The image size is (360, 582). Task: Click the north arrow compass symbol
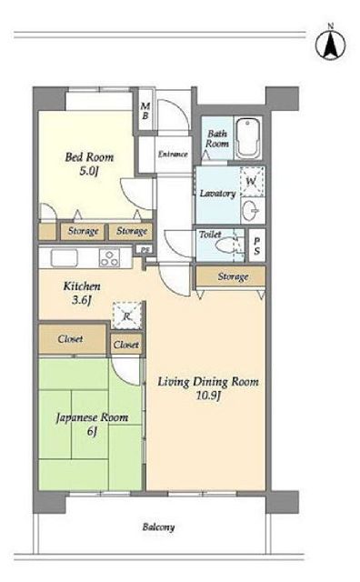[330, 44]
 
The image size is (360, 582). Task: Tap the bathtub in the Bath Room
[249, 138]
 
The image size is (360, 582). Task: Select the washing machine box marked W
[252, 182]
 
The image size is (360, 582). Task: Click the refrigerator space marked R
[127, 316]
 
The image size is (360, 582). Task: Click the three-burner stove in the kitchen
[110, 257]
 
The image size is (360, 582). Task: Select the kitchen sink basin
[65, 257]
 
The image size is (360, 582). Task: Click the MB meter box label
[145, 111]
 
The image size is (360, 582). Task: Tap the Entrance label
[173, 154]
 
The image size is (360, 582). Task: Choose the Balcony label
[158, 527]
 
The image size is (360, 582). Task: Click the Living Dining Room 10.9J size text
[208, 396]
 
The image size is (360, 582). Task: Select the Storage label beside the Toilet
[233, 276]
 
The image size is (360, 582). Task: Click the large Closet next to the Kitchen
[72, 339]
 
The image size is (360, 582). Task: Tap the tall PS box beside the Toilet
[257, 246]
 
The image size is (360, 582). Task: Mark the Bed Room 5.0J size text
[88, 172]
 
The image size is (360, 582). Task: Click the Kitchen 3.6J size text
[82, 300]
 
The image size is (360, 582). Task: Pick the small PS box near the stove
[145, 250]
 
